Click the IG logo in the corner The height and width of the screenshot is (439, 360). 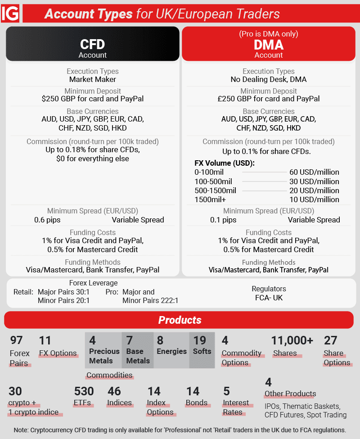pyautogui.click(x=10, y=14)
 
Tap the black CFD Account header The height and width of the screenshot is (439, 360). pyautogui.click(x=93, y=45)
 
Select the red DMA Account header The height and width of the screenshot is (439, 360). pyautogui.click(x=269, y=45)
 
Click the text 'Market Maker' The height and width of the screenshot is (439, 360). pyautogui.click(x=93, y=79)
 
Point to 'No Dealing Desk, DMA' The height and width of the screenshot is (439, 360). pyautogui.click(x=269, y=79)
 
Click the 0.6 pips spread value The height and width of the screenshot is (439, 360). pyautogui.click(x=47, y=220)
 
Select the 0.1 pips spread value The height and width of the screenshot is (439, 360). pyautogui.click(x=223, y=220)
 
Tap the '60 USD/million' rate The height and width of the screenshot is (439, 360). pyautogui.click(x=314, y=172)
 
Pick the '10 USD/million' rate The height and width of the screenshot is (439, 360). pyautogui.click(x=314, y=199)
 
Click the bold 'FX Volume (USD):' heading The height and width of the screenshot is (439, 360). pyautogui.click(x=225, y=163)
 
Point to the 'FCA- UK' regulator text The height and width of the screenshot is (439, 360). pyautogui.click(x=269, y=298)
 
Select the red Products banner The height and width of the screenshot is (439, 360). pyautogui.click(x=180, y=320)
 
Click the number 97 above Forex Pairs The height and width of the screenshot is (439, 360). pyautogui.click(x=16, y=341)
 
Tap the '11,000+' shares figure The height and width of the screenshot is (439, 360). pyautogui.click(x=292, y=341)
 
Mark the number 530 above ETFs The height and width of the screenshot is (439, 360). pyautogui.click(x=84, y=391)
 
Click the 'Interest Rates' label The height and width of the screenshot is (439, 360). pyautogui.click(x=236, y=407)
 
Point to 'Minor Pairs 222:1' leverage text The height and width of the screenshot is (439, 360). pyautogui.click(x=150, y=300)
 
